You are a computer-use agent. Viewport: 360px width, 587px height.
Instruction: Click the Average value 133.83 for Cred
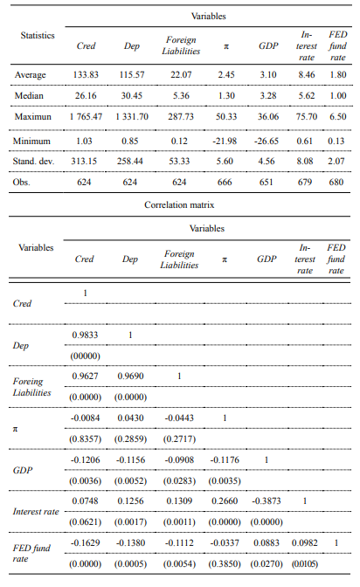pyautogui.click(x=85, y=74)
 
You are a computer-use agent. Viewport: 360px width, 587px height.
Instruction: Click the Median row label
pyautogui.click(x=30, y=95)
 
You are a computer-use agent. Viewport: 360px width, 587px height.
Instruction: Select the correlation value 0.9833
pyautogui.click(x=85, y=335)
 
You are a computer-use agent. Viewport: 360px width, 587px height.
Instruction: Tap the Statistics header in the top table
pyautogui.click(x=38, y=36)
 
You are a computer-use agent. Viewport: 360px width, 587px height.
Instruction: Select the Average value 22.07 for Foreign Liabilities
pyautogui.click(x=180, y=74)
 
